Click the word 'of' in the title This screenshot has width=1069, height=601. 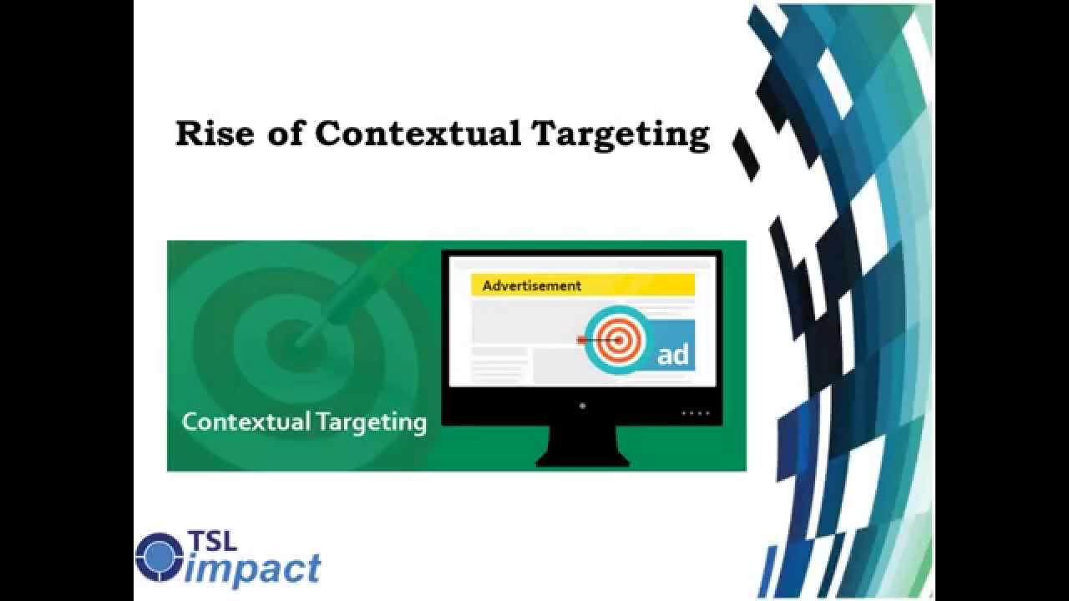coord(284,134)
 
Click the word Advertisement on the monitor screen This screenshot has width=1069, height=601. coord(531,285)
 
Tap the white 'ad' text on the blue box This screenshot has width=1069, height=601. coord(672,355)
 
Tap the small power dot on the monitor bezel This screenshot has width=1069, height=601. coord(582,406)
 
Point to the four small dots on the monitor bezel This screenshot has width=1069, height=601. coord(695,412)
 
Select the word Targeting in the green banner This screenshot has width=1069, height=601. coord(372,422)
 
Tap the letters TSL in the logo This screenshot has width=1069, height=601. coord(212,540)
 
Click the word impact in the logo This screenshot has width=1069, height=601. coord(253,569)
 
